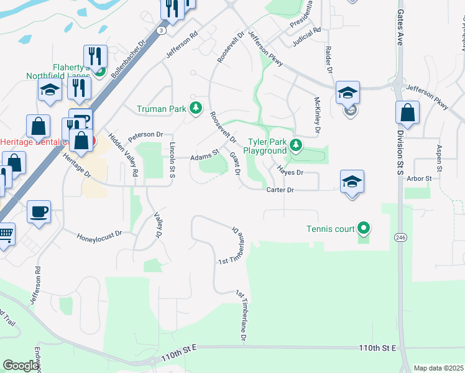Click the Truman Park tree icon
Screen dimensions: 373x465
(196, 109)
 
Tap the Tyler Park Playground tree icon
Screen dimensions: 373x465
(296, 146)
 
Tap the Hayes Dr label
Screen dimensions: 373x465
(290, 172)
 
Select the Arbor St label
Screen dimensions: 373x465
(419, 178)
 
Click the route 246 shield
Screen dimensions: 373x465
(400, 237)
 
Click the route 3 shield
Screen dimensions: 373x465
(162, 29)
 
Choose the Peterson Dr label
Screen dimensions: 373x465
(145, 134)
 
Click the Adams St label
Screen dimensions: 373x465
(205, 155)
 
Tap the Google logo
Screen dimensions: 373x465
(21, 365)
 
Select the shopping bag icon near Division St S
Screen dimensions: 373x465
(407, 113)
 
